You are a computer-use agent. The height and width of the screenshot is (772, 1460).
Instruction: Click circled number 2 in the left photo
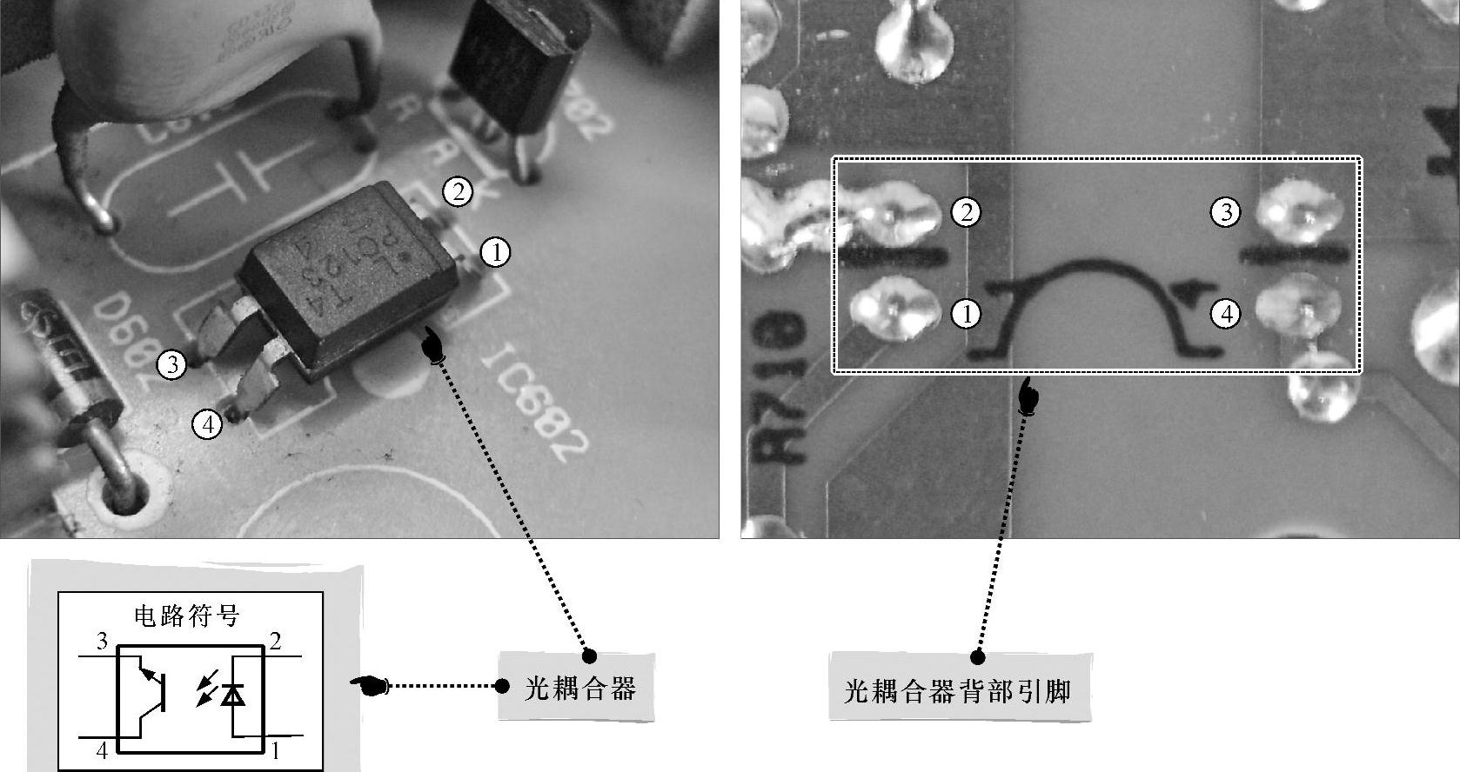458,191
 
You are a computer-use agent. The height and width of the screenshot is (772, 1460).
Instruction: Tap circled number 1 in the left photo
495,252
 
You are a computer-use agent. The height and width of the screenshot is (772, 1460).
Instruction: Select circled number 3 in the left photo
172,364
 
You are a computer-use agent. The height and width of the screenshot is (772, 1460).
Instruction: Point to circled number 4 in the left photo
207,425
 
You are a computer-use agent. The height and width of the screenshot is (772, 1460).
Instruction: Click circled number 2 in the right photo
965,212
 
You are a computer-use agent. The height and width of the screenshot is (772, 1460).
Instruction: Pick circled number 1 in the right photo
965,313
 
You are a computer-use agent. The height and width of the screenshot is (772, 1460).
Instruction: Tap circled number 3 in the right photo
1226,212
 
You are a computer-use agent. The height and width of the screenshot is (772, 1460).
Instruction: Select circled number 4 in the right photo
1226,313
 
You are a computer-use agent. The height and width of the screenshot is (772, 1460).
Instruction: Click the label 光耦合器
579,688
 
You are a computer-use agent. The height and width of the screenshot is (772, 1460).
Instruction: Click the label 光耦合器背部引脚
958,691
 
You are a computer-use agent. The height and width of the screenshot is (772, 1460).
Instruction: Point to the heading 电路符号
186,616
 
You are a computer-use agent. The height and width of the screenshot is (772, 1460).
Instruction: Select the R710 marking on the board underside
780,387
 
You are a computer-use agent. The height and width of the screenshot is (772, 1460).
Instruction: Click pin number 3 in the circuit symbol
102,642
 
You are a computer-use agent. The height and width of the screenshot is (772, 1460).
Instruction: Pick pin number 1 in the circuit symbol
275,750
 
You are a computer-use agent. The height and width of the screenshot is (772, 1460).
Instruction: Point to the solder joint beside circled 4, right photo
1296,306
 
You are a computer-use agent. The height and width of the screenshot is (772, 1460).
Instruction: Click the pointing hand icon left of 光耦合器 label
371,686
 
